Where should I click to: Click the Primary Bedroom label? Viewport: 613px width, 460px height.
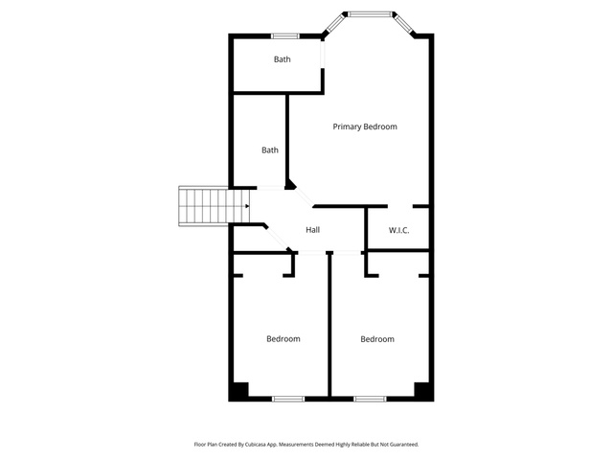pyautogui.click(x=365, y=126)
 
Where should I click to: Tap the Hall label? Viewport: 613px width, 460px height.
pyautogui.click(x=313, y=230)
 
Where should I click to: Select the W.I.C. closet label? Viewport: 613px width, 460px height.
pyautogui.click(x=398, y=230)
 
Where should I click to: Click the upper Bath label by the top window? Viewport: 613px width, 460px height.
pyautogui.click(x=282, y=59)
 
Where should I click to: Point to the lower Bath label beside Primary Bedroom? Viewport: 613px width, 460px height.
pyautogui.click(x=270, y=150)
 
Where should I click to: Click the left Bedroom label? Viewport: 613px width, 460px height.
pyautogui.click(x=284, y=338)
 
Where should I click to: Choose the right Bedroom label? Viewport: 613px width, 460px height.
pyautogui.click(x=377, y=339)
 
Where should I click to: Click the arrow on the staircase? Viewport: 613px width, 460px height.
pyautogui.click(x=247, y=206)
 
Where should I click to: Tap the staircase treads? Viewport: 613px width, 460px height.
pyautogui.click(x=215, y=206)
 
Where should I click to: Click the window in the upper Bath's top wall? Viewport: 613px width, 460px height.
pyautogui.click(x=285, y=36)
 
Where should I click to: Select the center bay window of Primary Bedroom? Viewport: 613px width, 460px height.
pyautogui.click(x=370, y=14)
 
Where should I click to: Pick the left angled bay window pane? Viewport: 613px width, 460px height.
pyautogui.click(x=333, y=23)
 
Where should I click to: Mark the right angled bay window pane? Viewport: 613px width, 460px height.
pyautogui.click(x=404, y=24)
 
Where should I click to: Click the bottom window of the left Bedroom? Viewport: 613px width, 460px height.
pyautogui.click(x=288, y=399)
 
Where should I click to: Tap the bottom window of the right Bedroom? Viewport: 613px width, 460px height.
pyautogui.click(x=370, y=399)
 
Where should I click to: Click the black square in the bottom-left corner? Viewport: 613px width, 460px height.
pyautogui.click(x=238, y=392)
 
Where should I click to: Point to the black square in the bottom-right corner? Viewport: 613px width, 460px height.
pyautogui.click(x=423, y=392)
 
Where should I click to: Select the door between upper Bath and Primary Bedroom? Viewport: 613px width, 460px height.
pyautogui.click(x=323, y=54)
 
